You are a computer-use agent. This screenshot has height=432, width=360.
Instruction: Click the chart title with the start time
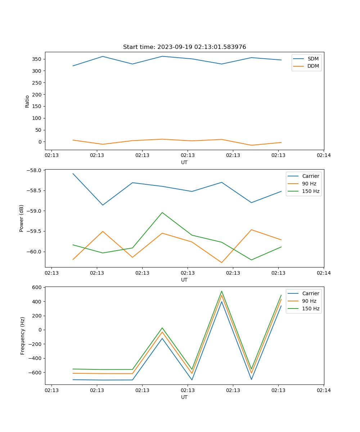tap(184, 47)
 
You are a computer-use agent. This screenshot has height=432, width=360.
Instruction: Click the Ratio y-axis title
tap(27, 101)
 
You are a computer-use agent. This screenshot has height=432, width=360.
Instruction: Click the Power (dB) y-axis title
tap(22, 218)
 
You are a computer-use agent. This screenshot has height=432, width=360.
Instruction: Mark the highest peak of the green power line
tap(162, 212)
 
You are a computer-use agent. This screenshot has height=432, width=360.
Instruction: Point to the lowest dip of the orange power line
tap(222, 262)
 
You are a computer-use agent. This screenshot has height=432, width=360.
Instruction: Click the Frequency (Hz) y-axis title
tap(23, 336)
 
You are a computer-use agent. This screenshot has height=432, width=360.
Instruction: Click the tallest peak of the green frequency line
tap(222, 291)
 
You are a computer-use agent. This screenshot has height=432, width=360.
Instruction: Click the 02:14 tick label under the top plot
tap(324, 156)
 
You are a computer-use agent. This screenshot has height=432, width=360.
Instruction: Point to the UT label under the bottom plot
tap(184, 397)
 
